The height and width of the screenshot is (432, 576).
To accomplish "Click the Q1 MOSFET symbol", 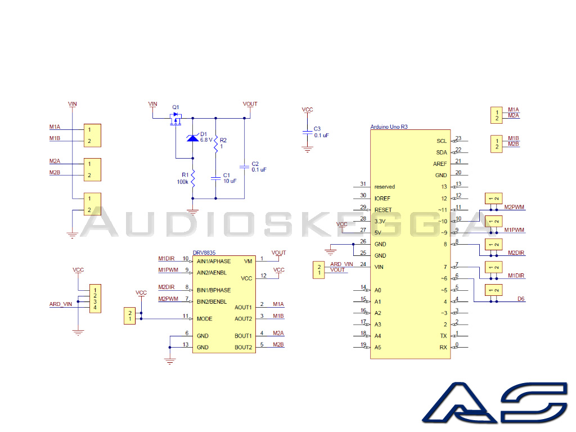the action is (x=175, y=119).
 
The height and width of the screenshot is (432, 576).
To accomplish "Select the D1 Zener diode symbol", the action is (x=193, y=138).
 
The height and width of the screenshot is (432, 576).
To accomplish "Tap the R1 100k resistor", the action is (x=193, y=178).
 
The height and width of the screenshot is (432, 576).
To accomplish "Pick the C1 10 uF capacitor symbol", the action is (x=215, y=178).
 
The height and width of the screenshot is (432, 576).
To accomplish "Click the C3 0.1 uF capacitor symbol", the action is (x=308, y=132).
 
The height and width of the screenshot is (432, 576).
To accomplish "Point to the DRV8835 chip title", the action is (x=204, y=253).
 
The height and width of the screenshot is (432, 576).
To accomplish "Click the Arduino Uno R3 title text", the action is (x=389, y=127).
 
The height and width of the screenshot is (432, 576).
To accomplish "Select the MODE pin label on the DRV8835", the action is (x=205, y=318).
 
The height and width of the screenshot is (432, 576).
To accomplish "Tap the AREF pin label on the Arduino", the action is (x=440, y=164).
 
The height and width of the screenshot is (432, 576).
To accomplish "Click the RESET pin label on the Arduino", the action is (x=383, y=210).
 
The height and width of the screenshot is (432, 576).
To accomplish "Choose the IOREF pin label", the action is (x=382, y=199).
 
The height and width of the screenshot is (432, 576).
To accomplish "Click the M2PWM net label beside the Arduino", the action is (x=514, y=207).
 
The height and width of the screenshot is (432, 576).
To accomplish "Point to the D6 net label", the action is (x=521, y=299).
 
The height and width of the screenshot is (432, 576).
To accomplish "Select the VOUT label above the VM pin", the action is (x=279, y=253).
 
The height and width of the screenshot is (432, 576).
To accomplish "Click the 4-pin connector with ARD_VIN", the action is (x=95, y=299).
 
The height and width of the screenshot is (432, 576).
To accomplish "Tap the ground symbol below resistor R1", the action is (x=193, y=211).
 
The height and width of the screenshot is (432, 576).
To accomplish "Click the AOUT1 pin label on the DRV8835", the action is (x=243, y=307).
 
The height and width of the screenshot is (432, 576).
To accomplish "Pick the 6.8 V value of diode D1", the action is (x=206, y=140).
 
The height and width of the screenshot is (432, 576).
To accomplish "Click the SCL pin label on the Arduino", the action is (x=442, y=141).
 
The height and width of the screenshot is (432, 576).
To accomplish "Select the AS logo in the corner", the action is (x=495, y=402).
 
